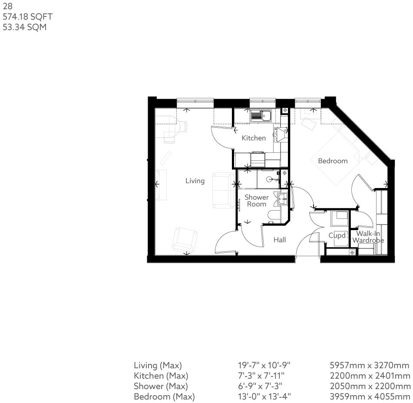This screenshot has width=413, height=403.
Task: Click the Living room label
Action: pyautogui.click(x=195, y=181)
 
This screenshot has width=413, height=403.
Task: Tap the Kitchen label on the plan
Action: pyautogui.click(x=254, y=138)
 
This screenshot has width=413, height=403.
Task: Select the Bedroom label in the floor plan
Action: pyautogui.click(x=333, y=161)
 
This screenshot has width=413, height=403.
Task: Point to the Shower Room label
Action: pyautogui.click(x=256, y=201)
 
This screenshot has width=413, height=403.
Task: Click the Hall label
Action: pyautogui.click(x=280, y=239)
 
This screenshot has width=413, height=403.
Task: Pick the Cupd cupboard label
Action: pyautogui.click(x=337, y=236)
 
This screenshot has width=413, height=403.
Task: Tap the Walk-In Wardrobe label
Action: pyautogui.click(x=368, y=237)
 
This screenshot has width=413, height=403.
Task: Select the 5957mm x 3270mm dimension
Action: pyautogui.click(x=370, y=365)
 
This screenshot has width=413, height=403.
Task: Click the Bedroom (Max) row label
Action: pyautogui.click(x=164, y=396)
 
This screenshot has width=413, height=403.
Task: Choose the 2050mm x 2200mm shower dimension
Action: pyautogui.click(x=370, y=386)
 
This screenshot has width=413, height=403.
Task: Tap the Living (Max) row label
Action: pyautogui.click(x=158, y=365)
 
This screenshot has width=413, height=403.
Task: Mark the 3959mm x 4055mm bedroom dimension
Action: pyautogui.click(x=370, y=396)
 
